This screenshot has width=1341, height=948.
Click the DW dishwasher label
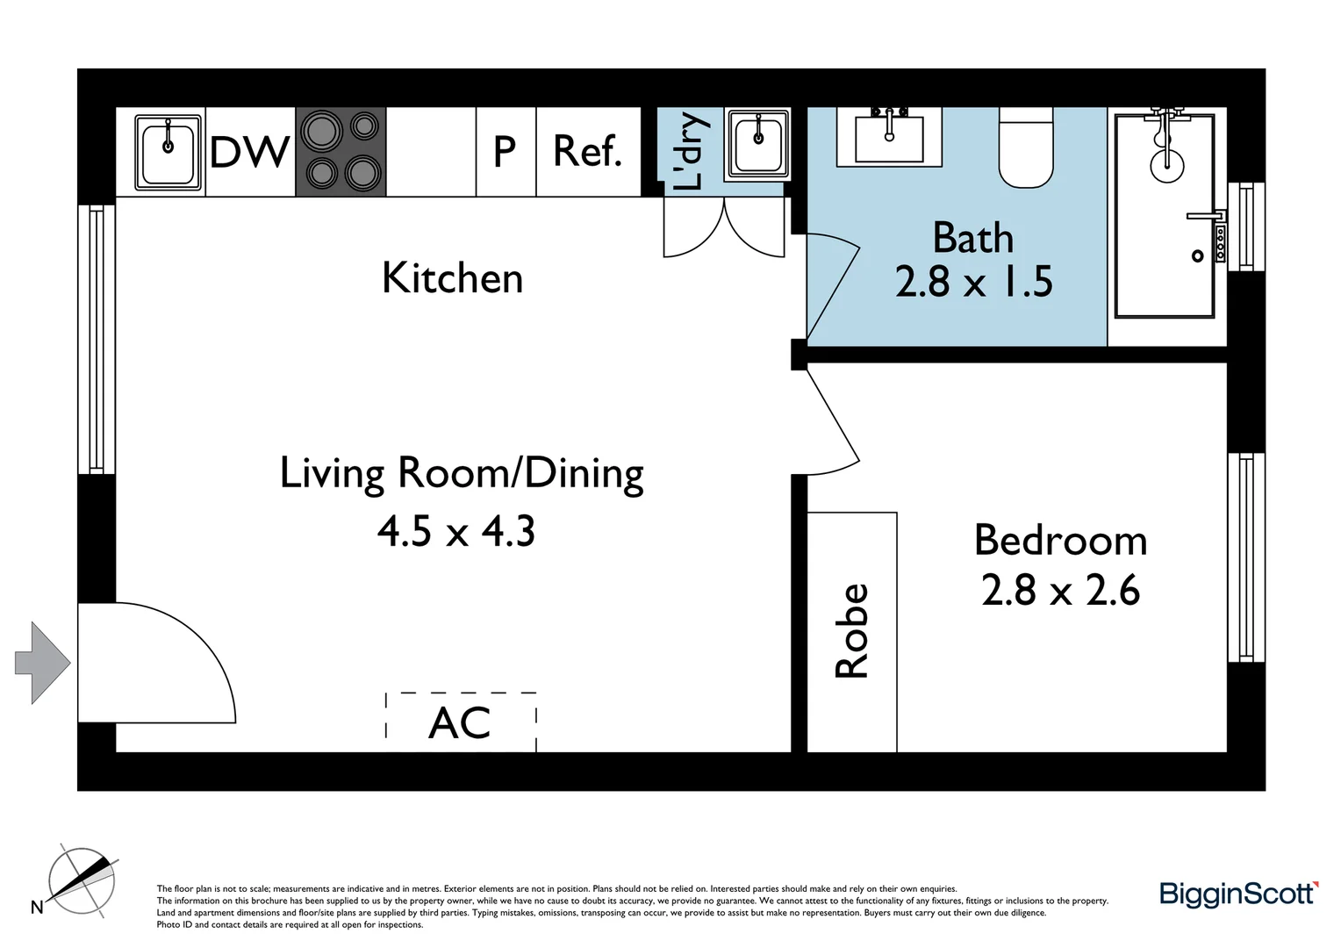[x=249, y=152]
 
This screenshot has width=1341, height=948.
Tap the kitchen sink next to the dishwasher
[x=167, y=152]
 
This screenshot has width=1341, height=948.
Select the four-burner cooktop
[x=341, y=151]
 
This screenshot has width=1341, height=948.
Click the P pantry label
[x=505, y=152]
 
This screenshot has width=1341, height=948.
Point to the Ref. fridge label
[x=587, y=152]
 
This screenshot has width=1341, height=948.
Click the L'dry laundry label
[x=690, y=151]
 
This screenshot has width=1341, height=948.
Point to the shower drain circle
[x=1197, y=256]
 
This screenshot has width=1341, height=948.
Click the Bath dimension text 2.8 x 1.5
[x=973, y=282]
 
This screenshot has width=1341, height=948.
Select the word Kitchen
[x=452, y=278]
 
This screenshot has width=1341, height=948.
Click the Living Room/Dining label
[x=462, y=473]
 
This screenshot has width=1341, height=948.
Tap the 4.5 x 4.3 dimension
[x=456, y=531]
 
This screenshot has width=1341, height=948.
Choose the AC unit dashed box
[x=461, y=722]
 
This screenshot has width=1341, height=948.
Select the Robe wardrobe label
[x=851, y=631]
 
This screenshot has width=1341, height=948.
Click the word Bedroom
[x=1060, y=540]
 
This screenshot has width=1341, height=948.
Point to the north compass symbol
[x=81, y=880]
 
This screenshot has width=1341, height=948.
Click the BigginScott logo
[x=1238, y=894]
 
